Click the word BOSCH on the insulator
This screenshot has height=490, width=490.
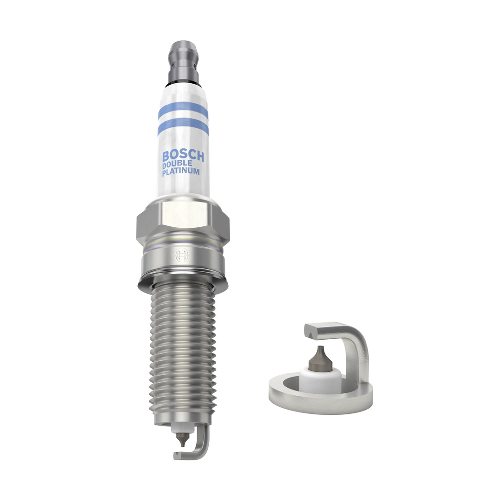pyautogui.click(x=183, y=156)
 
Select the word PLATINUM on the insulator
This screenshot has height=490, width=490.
pyautogui.click(x=181, y=172)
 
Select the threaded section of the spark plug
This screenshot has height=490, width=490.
pyautogui.click(x=180, y=349)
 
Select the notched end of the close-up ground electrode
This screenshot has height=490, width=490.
pyautogui.click(x=312, y=330)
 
